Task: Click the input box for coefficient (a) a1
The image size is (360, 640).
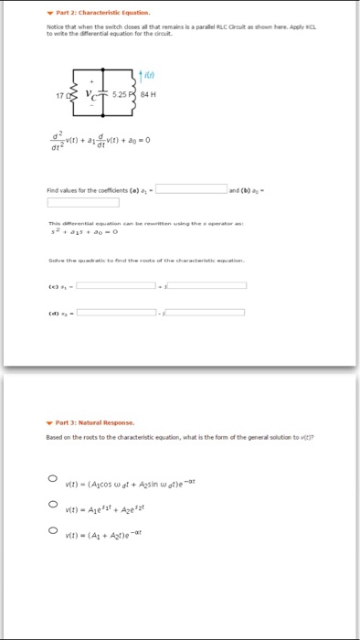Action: tap(191, 189)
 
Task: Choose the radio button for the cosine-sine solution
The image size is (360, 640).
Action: tap(54, 479)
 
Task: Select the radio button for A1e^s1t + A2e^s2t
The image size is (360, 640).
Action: tap(54, 504)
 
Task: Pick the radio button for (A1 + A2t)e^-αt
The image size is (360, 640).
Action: tap(54, 528)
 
